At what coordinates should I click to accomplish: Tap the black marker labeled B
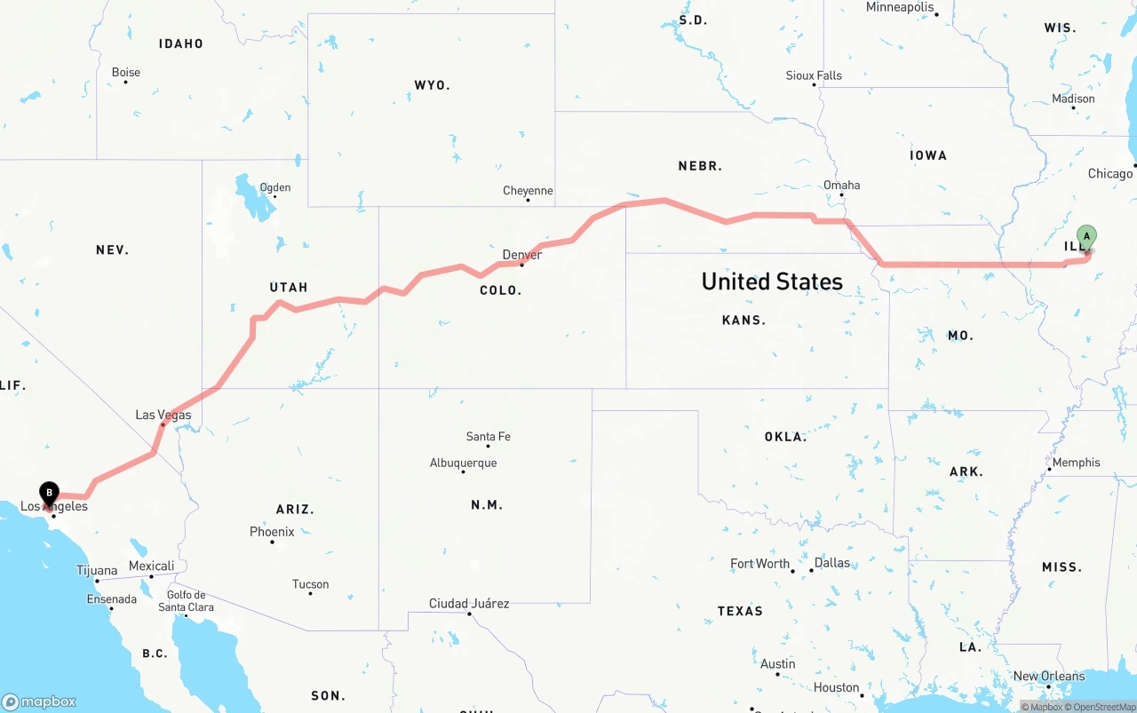tap(50, 492)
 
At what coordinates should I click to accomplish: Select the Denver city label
tap(521, 255)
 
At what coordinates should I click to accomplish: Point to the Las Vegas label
tap(163, 415)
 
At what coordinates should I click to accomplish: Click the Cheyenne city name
tap(528, 191)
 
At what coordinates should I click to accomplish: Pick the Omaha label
tap(841, 186)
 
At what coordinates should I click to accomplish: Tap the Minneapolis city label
tap(900, 7)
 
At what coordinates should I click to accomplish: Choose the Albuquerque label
tap(463, 463)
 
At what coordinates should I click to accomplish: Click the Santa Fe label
tap(488, 436)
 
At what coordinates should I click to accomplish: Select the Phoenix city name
tap(272, 532)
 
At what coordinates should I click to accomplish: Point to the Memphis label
tap(1076, 463)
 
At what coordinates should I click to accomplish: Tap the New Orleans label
tap(1049, 676)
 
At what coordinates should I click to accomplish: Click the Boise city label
tap(126, 73)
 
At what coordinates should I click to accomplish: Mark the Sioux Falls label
tap(814, 75)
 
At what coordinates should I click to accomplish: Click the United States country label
tap(772, 281)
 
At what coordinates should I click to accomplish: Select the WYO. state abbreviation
tap(432, 85)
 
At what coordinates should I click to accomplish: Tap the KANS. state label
tap(743, 320)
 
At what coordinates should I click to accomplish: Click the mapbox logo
tap(39, 701)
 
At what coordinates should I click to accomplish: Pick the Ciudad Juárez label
tap(469, 604)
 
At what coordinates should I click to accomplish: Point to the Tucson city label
tap(310, 584)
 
